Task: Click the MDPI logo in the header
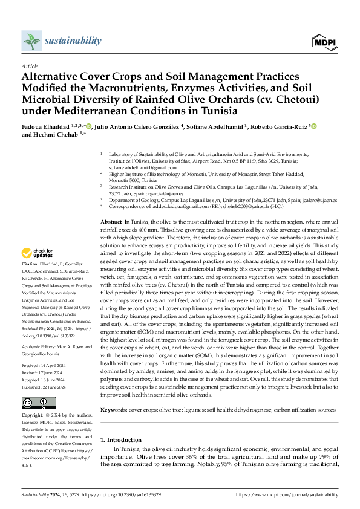[324, 42]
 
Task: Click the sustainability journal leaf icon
[31, 41]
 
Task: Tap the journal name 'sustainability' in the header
[73, 41]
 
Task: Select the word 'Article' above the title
[29, 65]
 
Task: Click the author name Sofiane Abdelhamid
[214, 126]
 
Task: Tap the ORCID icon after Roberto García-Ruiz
[313, 126]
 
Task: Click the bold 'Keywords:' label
[114, 409]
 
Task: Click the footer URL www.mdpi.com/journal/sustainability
[287, 494]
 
